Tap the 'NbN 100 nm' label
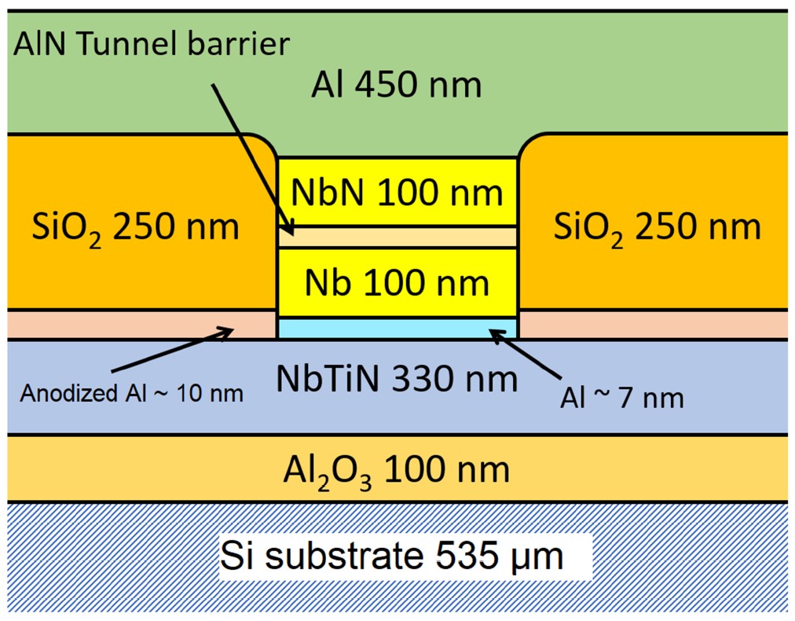[397, 192]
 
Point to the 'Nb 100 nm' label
[397, 282]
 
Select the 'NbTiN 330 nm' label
[397, 380]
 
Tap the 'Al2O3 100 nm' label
[397, 470]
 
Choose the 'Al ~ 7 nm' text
[623, 398]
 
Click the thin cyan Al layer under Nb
[397, 328]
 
